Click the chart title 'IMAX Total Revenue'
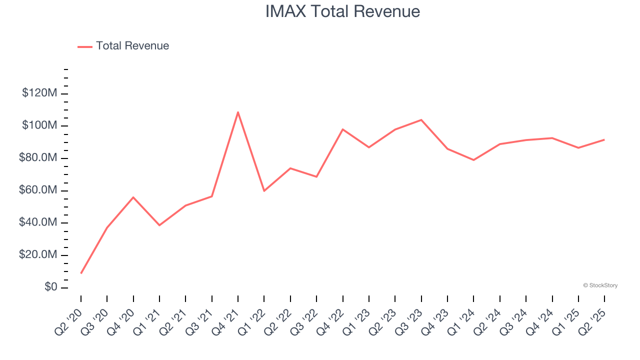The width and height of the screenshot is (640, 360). click(x=342, y=11)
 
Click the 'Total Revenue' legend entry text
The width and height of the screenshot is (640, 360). click(x=132, y=46)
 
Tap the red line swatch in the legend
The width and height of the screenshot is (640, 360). click(x=85, y=46)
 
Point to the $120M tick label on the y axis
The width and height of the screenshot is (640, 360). click(x=39, y=93)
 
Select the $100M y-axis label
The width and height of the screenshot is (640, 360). click(x=39, y=125)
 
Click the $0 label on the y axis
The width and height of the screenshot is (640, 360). click(x=50, y=287)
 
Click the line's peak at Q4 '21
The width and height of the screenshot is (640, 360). click(x=238, y=112)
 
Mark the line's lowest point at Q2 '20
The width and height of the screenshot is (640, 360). click(x=81, y=273)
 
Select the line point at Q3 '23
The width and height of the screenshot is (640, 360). click(x=421, y=120)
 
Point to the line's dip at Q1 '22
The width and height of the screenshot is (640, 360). click(x=264, y=191)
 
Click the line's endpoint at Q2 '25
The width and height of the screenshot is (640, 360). click(x=604, y=139)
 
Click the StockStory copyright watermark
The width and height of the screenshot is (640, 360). click(x=600, y=285)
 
